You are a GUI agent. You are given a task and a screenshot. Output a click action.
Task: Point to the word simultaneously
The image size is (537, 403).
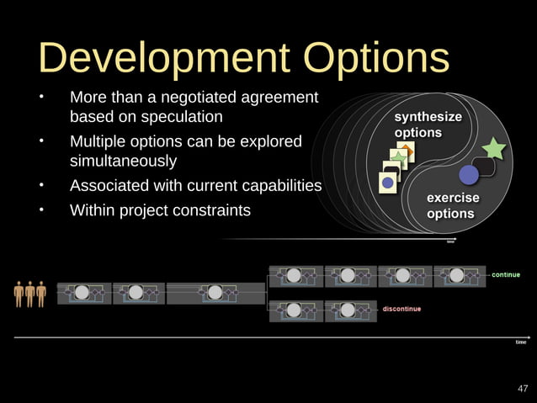(x=123, y=160)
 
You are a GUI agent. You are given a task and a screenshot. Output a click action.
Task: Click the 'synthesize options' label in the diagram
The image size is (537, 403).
(x=428, y=125)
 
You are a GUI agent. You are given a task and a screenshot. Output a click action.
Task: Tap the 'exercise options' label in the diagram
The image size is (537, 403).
(x=451, y=205)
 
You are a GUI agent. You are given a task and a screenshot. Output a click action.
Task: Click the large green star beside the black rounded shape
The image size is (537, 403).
(x=493, y=149)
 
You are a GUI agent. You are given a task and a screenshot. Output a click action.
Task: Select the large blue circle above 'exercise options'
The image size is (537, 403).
(x=468, y=175)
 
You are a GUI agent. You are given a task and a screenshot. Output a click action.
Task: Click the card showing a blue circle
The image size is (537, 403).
(x=388, y=182)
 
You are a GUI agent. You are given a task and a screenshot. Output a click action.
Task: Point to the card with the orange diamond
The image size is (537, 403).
(x=406, y=153)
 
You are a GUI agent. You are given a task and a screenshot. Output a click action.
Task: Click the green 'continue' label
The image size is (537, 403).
(x=505, y=274)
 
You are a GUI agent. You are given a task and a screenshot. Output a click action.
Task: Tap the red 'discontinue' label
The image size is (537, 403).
(x=402, y=309)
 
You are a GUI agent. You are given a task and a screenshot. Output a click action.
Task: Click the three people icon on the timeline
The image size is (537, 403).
(x=29, y=292)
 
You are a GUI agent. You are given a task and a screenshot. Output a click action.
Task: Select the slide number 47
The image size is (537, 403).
(x=523, y=388)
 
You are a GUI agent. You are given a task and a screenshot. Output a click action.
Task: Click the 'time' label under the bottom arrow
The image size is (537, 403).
(x=520, y=342)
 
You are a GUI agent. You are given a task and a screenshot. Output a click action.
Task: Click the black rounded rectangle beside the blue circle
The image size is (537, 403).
(x=485, y=167)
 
